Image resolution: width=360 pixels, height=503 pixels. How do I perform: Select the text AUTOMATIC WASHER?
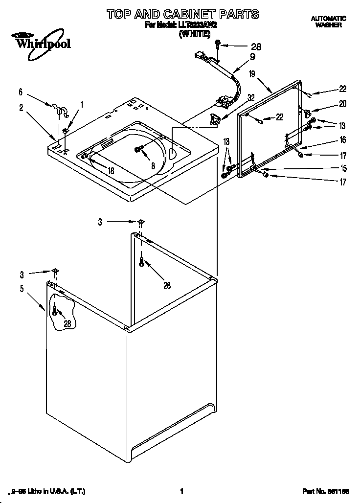[328, 22]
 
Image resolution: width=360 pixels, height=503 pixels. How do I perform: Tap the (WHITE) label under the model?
[194, 34]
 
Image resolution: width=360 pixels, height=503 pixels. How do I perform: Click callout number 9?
[252, 56]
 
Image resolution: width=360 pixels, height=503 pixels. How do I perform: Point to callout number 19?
[252, 74]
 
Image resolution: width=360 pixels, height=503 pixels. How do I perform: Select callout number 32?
[250, 97]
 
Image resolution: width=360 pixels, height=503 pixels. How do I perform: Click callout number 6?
[21, 91]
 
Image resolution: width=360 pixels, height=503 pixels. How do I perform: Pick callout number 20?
[342, 103]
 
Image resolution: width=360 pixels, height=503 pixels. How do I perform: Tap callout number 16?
[342, 140]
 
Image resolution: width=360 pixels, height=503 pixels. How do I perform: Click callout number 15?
[343, 169]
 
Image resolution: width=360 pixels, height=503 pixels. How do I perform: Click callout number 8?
[153, 166]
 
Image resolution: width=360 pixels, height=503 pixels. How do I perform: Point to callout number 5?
[22, 289]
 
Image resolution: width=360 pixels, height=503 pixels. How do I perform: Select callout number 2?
[21, 108]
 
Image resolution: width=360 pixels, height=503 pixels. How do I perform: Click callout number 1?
[82, 104]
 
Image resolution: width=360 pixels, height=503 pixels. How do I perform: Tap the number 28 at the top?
[256, 47]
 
